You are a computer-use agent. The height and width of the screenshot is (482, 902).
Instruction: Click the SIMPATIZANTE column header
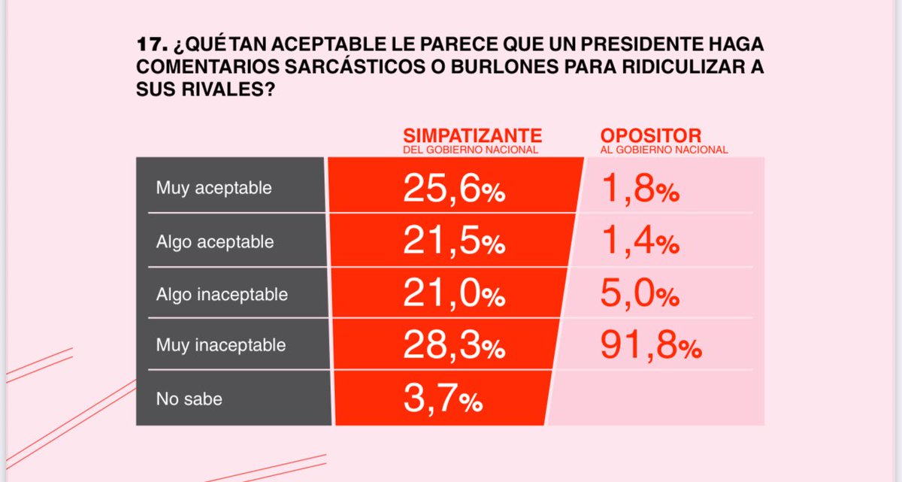pos(472,135)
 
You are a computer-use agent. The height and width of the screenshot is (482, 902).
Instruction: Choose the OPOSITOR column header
pos(650,135)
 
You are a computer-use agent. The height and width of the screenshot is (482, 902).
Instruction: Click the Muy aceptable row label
pos(213,188)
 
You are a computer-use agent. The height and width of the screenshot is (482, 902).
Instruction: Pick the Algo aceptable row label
pos(215,242)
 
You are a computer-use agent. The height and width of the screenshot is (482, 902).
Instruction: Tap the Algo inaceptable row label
pos(222,294)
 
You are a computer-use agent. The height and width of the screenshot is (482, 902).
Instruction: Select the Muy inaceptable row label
pos(220,345)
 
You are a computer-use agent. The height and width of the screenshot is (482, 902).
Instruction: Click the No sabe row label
pos(189,399)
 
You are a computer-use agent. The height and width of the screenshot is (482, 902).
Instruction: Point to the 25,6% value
pos(454,190)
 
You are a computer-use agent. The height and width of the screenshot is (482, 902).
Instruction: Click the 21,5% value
pos(454,243)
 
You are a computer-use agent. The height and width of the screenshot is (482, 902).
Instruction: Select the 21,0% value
pos(454,295)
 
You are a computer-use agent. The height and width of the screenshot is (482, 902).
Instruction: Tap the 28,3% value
pos(454,347)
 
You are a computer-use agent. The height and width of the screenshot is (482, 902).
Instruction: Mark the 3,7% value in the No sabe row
pos(442,399)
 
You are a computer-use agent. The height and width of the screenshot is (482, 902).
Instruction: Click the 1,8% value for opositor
pos(640,190)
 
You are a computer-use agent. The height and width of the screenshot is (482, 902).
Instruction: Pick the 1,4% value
pos(640,243)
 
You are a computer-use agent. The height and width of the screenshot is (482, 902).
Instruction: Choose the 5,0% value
pos(640,295)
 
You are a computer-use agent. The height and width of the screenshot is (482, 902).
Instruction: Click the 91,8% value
pos(651,347)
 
